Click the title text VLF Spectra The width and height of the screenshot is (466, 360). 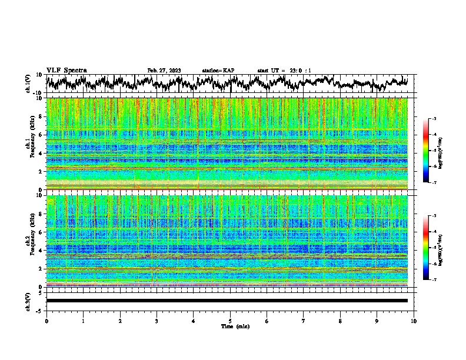click(x=66, y=70)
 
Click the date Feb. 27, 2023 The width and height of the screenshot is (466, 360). click(x=164, y=71)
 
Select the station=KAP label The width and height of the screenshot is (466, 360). click(x=218, y=71)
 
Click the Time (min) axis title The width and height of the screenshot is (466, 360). click(x=230, y=326)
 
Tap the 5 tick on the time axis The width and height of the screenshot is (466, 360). click(x=230, y=321)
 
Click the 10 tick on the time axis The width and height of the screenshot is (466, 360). click(x=414, y=321)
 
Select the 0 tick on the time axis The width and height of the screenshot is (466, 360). click(x=46, y=321)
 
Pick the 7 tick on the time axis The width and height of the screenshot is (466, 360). click(x=304, y=321)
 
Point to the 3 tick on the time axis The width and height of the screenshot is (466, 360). click(x=157, y=321)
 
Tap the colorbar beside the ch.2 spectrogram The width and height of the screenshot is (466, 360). click(x=426, y=248)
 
